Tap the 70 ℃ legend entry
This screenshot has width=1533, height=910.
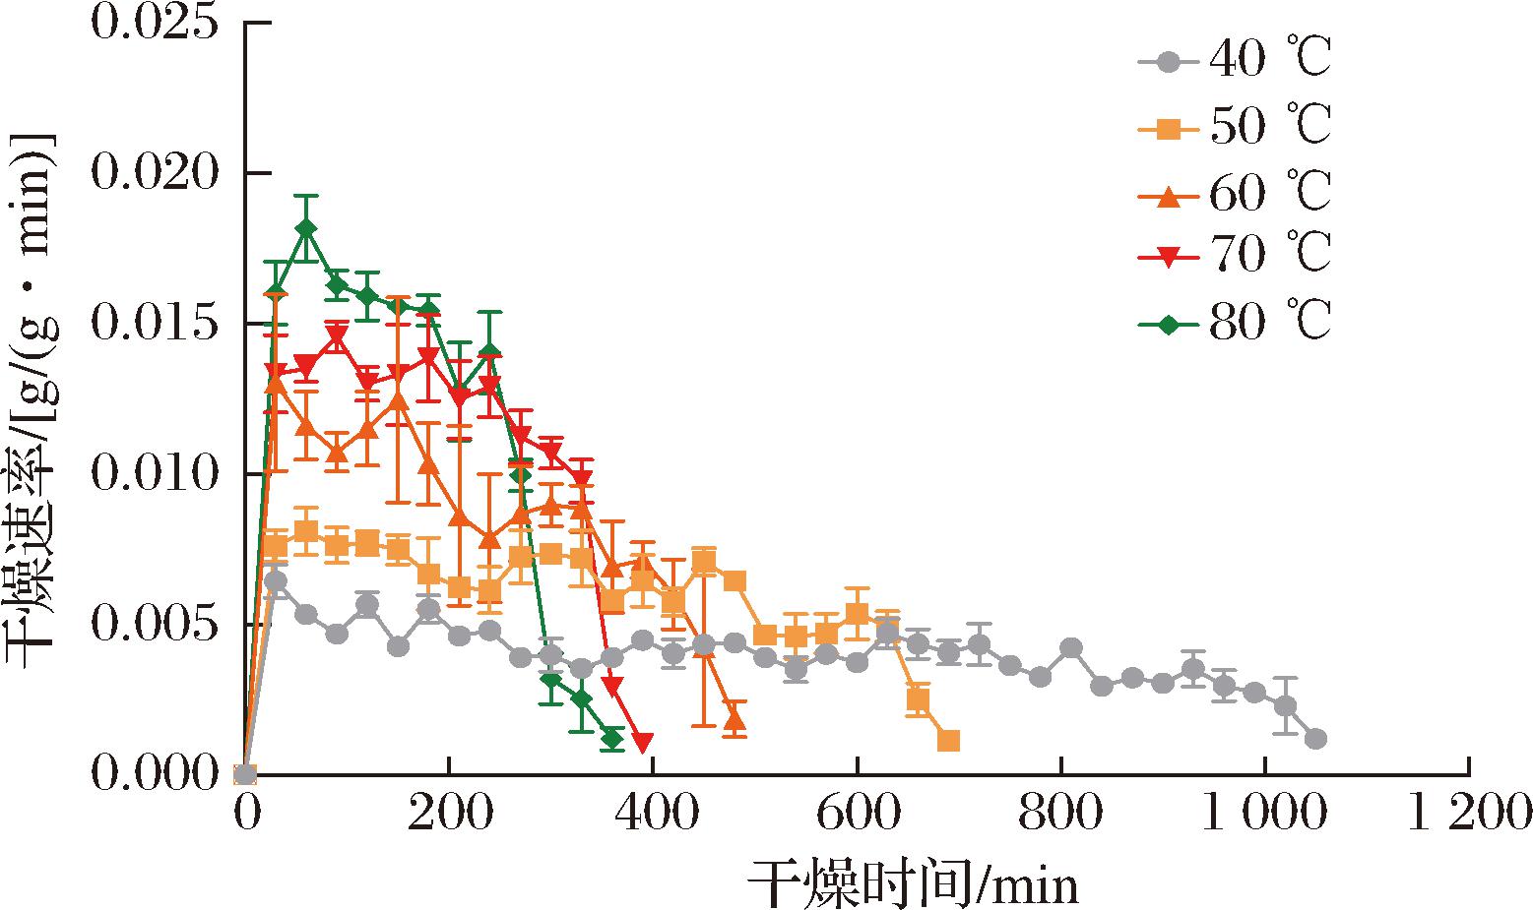coord(1236,256)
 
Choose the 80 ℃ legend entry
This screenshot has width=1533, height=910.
coord(1236,322)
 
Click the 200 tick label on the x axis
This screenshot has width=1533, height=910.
coord(449,815)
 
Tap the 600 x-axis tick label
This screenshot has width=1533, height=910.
coord(857,815)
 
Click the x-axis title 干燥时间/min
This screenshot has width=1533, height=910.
coord(912,882)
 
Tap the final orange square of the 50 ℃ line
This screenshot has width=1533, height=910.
coord(948,740)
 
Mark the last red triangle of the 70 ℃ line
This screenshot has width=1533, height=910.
coord(643,742)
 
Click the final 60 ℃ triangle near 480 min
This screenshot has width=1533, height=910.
coord(734,719)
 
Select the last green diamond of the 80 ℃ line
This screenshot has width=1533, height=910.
coord(612,738)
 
